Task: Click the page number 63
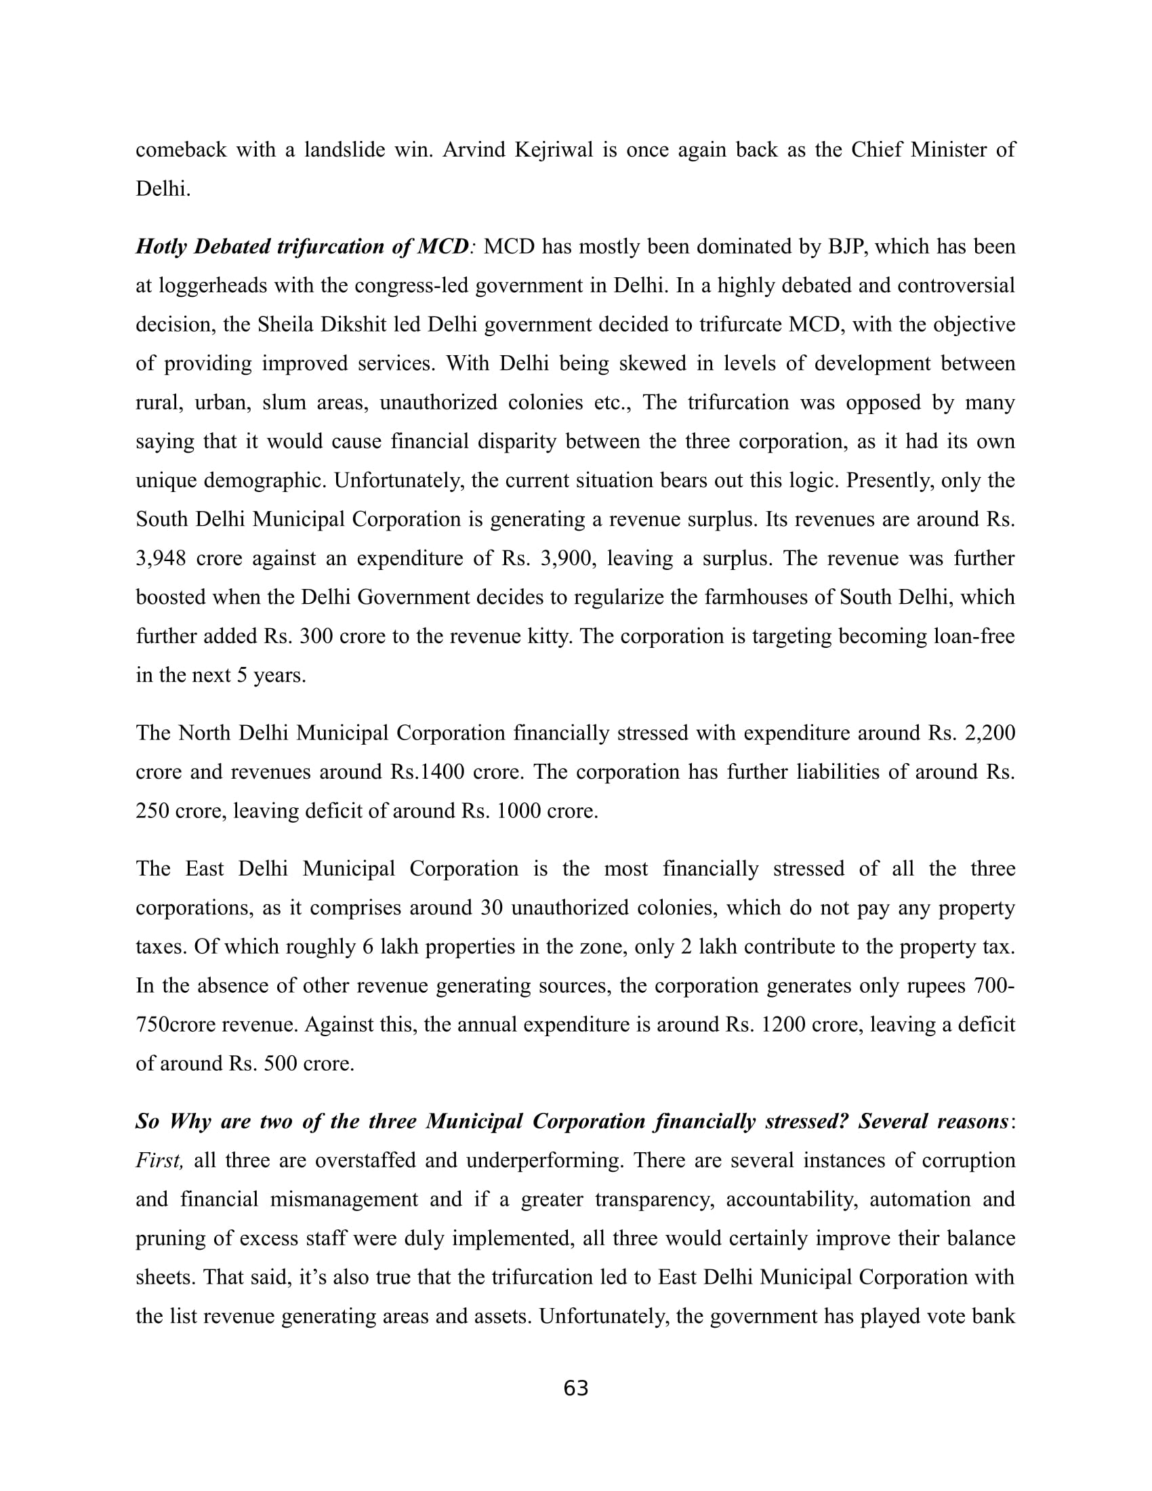575,1389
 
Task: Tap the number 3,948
161,558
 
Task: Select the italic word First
159,1160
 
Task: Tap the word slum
283,403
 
